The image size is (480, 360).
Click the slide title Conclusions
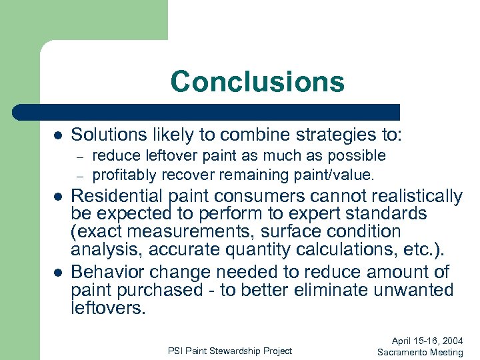[x=257, y=82]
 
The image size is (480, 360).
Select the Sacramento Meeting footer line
[x=420, y=352]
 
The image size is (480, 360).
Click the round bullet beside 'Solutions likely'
[x=58, y=135]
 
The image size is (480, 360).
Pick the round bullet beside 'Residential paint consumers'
[x=58, y=197]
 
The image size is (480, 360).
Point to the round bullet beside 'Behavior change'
[x=58, y=273]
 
